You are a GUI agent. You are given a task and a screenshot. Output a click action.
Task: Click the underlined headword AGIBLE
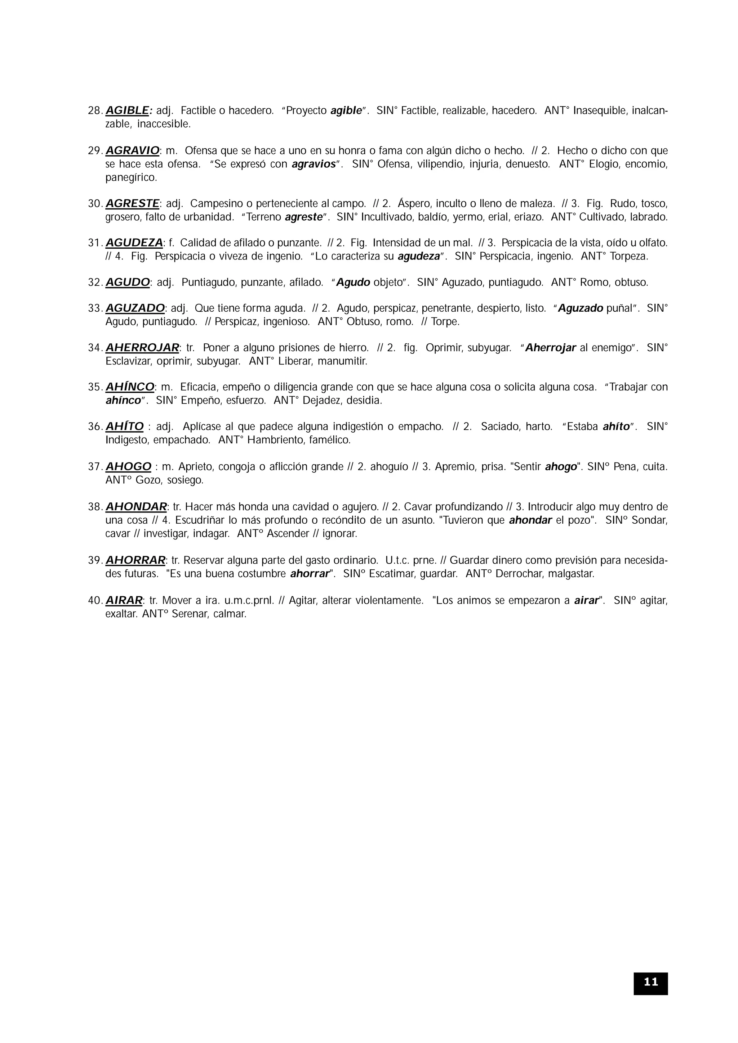click(x=128, y=110)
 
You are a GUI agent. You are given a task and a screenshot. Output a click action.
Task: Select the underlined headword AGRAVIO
click(x=132, y=150)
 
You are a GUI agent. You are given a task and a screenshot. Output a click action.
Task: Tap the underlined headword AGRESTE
click(x=132, y=203)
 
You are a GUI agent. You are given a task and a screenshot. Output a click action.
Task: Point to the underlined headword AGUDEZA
click(x=134, y=243)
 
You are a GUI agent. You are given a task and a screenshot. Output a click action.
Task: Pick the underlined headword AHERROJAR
click(x=142, y=348)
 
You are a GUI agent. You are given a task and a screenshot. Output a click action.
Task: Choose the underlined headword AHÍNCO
click(x=130, y=387)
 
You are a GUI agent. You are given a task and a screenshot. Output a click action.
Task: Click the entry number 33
click(x=95, y=308)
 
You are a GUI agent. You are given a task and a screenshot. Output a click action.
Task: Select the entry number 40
click(x=95, y=601)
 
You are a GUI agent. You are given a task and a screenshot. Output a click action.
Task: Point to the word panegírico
click(x=131, y=178)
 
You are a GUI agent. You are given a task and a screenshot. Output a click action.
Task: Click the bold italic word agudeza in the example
click(x=419, y=256)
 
